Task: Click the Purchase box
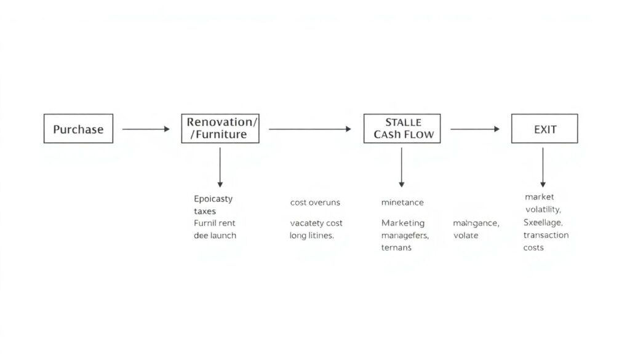pyautogui.click(x=78, y=129)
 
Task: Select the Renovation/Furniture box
pyautogui.click(x=220, y=129)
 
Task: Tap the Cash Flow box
pyautogui.click(x=402, y=129)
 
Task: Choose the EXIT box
pyautogui.click(x=544, y=129)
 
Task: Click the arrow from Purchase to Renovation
pyautogui.click(x=146, y=129)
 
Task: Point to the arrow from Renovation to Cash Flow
pyautogui.click(x=309, y=129)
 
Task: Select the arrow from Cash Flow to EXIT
pyautogui.click(x=475, y=129)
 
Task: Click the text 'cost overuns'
pyautogui.click(x=315, y=202)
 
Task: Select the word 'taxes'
pyautogui.click(x=205, y=211)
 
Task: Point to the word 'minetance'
pyautogui.click(x=402, y=202)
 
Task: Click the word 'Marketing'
pyautogui.click(x=403, y=223)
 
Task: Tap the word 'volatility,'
pyautogui.click(x=543, y=209)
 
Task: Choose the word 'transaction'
pyautogui.click(x=546, y=235)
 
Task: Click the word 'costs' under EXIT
pyautogui.click(x=533, y=247)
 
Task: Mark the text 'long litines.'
pyautogui.click(x=312, y=235)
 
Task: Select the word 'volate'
pyautogui.click(x=466, y=235)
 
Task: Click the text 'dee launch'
pyautogui.click(x=215, y=235)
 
